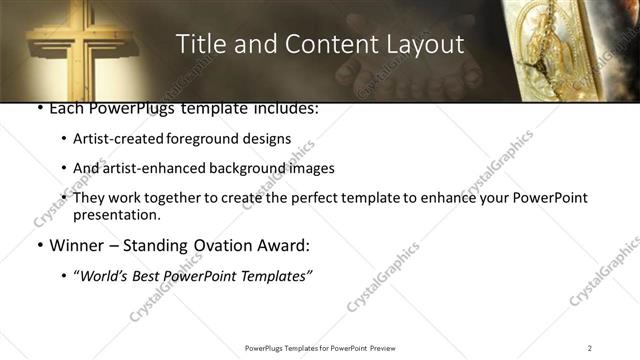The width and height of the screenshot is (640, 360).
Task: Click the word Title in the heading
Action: coord(198,45)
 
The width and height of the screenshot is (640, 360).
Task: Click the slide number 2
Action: coord(590,347)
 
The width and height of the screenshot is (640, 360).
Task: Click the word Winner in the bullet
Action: coord(78,245)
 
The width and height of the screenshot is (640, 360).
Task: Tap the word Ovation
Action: coord(220,245)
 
